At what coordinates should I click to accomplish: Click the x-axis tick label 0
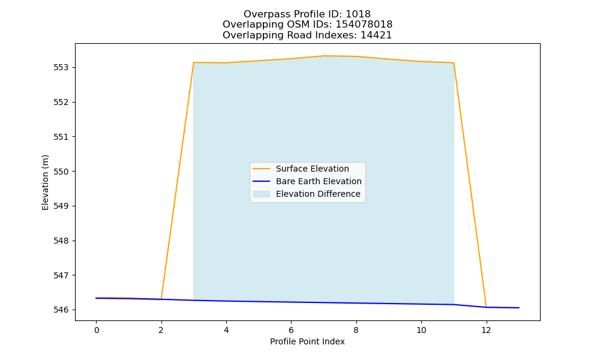(97, 330)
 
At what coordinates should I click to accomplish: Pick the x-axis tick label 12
(486, 330)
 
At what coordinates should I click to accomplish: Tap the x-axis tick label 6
(291, 330)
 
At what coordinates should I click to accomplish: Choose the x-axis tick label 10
(421, 330)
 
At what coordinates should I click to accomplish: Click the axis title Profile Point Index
(307, 341)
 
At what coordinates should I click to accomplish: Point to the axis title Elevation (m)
(45, 182)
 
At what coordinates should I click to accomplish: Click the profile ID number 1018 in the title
(358, 14)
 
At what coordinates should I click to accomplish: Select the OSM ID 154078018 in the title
(364, 25)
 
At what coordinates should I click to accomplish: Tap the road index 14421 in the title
(376, 35)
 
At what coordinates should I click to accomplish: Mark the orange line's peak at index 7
(324, 56)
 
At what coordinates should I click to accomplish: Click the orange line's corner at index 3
(194, 62)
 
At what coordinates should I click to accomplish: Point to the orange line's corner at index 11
(454, 63)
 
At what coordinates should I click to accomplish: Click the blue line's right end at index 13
(519, 308)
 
